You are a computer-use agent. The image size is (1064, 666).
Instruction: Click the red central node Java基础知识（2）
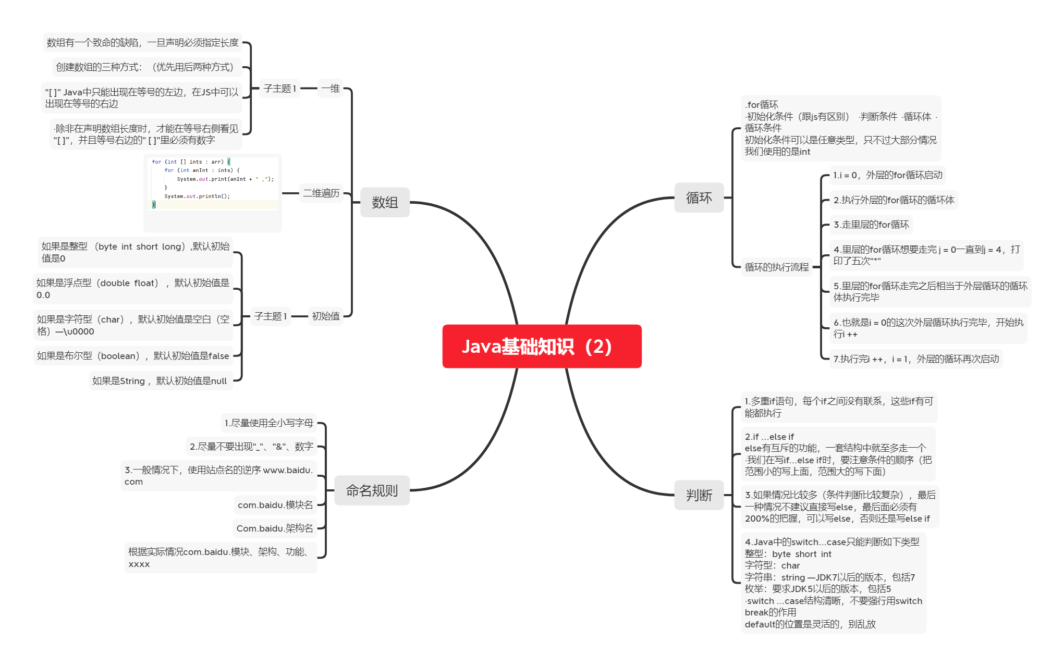coord(542,347)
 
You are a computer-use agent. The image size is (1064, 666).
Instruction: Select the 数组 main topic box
coord(385,202)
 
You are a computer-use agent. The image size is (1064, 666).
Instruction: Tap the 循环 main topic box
coord(699,198)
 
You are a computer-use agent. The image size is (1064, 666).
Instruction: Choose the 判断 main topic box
coord(699,495)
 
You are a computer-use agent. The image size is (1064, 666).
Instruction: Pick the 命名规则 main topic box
coord(372,490)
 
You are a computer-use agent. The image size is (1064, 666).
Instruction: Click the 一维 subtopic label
coord(331,89)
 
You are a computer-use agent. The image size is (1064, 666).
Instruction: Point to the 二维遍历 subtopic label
coord(321,193)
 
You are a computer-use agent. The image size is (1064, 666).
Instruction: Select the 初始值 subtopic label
coord(326,316)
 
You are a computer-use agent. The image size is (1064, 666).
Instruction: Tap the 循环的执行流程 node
coord(776,267)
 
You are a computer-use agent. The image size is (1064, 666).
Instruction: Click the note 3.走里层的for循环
coord(871,225)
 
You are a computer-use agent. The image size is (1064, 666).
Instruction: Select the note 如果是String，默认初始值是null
coord(160,381)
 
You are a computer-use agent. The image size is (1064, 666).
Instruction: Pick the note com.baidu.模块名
coord(275,505)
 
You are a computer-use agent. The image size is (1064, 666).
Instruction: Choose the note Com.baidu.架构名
coord(275,528)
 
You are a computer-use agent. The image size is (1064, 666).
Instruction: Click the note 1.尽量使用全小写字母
coord(268,423)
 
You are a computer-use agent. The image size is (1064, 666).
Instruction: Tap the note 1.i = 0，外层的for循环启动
coord(887,175)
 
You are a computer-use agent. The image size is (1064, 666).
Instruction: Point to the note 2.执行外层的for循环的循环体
coord(894,200)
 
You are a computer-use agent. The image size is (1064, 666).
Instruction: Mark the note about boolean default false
coord(133,356)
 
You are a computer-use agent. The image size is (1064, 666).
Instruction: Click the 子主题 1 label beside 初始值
coord(270,316)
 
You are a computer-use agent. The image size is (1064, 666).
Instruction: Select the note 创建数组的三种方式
coord(145,67)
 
